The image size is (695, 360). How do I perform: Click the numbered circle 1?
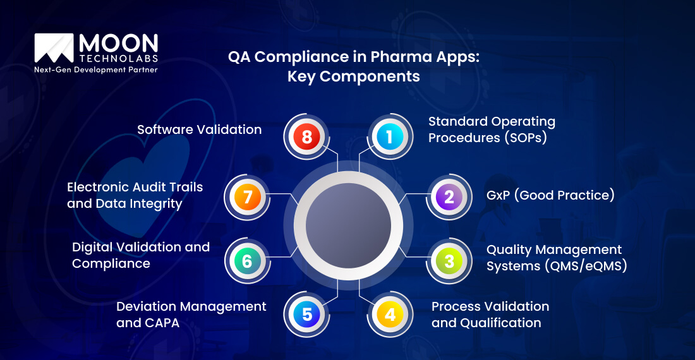pos(389,137)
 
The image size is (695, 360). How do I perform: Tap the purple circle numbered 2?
pos(449,196)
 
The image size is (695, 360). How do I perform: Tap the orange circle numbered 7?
pos(247,196)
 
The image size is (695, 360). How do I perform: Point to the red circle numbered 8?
pos(307,137)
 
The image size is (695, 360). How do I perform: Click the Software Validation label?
pos(199,129)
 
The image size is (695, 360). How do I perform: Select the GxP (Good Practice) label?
pos(550,195)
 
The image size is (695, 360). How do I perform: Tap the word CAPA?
pos(161,323)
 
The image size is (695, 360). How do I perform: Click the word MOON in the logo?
pos(118,44)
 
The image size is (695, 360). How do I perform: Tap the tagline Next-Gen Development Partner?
pos(95,69)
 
